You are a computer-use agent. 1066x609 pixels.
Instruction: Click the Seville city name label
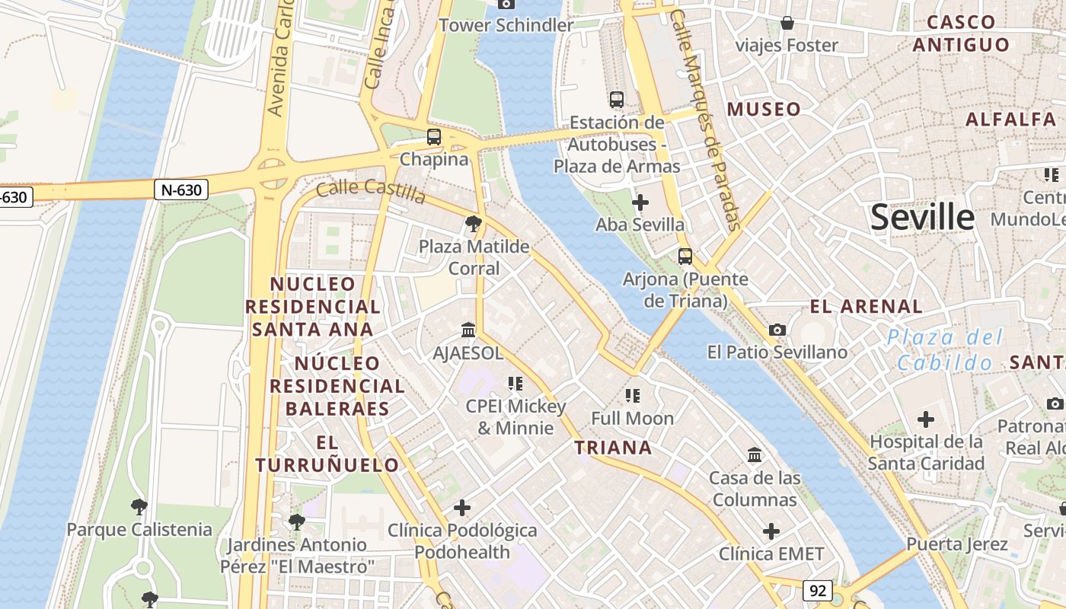click(x=922, y=218)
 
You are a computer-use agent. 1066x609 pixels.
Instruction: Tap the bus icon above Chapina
click(x=434, y=137)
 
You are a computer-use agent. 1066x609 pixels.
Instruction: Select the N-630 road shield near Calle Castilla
click(x=182, y=190)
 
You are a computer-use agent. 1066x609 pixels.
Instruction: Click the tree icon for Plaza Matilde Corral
click(x=474, y=224)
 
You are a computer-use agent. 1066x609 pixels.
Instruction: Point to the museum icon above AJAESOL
click(x=468, y=330)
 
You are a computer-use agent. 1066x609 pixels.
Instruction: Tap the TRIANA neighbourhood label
click(x=614, y=448)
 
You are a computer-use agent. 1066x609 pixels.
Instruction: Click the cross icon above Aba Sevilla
click(x=640, y=202)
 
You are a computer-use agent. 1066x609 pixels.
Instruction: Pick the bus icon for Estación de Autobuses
click(x=617, y=100)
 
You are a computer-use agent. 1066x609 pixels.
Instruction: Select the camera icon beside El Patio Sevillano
click(x=777, y=330)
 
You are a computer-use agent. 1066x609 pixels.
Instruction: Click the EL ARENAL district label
click(x=866, y=307)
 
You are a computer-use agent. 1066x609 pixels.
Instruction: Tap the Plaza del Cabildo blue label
click(x=945, y=349)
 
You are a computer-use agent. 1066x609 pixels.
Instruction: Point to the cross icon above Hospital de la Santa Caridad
click(x=926, y=419)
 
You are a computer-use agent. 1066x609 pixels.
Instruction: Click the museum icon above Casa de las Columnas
click(x=755, y=454)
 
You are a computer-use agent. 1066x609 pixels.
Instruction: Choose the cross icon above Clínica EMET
click(x=771, y=531)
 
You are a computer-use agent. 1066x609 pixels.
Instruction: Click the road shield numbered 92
click(x=818, y=590)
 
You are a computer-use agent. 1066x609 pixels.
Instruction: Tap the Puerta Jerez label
click(x=957, y=544)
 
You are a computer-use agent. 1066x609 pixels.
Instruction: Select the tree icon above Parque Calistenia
click(x=139, y=506)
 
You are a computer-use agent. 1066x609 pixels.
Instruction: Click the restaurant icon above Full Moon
click(x=633, y=395)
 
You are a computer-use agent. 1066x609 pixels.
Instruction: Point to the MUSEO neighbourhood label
click(x=764, y=110)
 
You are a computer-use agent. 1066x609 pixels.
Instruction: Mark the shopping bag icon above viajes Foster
click(x=787, y=23)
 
